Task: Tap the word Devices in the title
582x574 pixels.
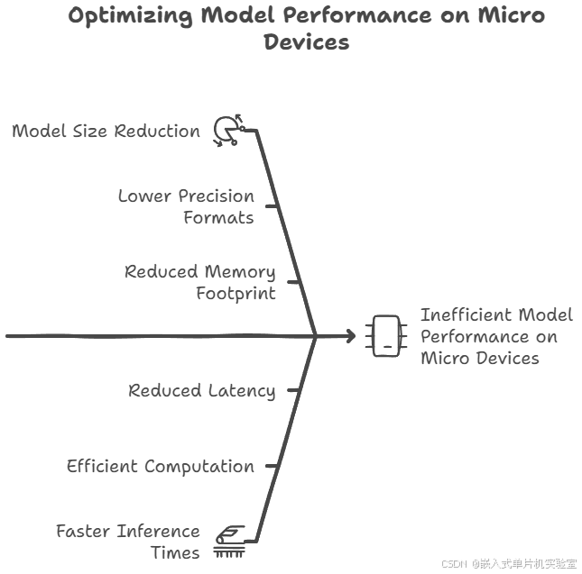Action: (x=306, y=41)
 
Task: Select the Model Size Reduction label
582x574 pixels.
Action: (x=106, y=131)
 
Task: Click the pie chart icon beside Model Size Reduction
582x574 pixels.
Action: (x=226, y=131)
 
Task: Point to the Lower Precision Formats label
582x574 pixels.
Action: (x=187, y=206)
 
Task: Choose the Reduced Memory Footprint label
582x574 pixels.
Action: (x=199, y=282)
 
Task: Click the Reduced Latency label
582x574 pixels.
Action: (x=201, y=390)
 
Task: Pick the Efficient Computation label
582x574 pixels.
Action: (x=160, y=466)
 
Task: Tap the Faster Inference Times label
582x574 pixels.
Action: (x=127, y=542)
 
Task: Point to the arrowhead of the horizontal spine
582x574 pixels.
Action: (x=350, y=336)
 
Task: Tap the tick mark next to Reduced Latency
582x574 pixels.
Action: (x=293, y=390)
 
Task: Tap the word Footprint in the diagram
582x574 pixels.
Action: (x=236, y=293)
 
